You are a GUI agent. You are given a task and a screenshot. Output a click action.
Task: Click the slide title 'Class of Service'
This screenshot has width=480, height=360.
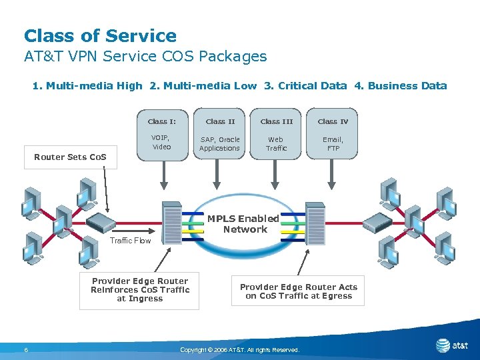point(100,36)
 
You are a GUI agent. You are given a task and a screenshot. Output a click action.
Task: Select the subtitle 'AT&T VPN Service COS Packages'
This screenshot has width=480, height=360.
point(145,57)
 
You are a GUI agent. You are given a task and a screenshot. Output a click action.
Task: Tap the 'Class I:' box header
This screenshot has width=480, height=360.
point(162,121)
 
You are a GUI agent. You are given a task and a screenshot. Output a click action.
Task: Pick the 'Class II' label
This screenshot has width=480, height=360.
point(220,121)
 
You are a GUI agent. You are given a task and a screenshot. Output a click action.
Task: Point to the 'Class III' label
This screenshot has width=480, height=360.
point(276,121)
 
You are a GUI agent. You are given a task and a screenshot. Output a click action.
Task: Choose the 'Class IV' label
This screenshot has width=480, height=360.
point(333,121)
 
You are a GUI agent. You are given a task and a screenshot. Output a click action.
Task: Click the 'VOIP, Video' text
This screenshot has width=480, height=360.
point(162,143)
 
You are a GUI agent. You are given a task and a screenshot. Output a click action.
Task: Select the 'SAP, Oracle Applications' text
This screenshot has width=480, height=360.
point(219,144)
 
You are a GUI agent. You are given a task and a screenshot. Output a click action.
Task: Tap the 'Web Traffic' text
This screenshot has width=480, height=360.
point(276,144)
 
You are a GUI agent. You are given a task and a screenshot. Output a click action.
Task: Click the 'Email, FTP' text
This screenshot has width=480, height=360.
point(333,144)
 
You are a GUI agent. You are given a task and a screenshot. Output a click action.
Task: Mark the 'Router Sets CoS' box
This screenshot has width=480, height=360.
point(70,157)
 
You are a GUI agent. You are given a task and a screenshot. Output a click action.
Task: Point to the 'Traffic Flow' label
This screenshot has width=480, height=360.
point(130,241)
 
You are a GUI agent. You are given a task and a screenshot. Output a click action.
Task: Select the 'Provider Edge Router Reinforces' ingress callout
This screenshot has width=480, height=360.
point(139,290)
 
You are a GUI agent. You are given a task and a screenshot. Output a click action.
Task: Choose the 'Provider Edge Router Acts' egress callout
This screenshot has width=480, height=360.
point(298,291)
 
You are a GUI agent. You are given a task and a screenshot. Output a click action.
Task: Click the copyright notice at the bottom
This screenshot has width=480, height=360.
point(240,350)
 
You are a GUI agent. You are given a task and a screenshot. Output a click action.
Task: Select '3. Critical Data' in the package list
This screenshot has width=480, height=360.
point(305,85)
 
